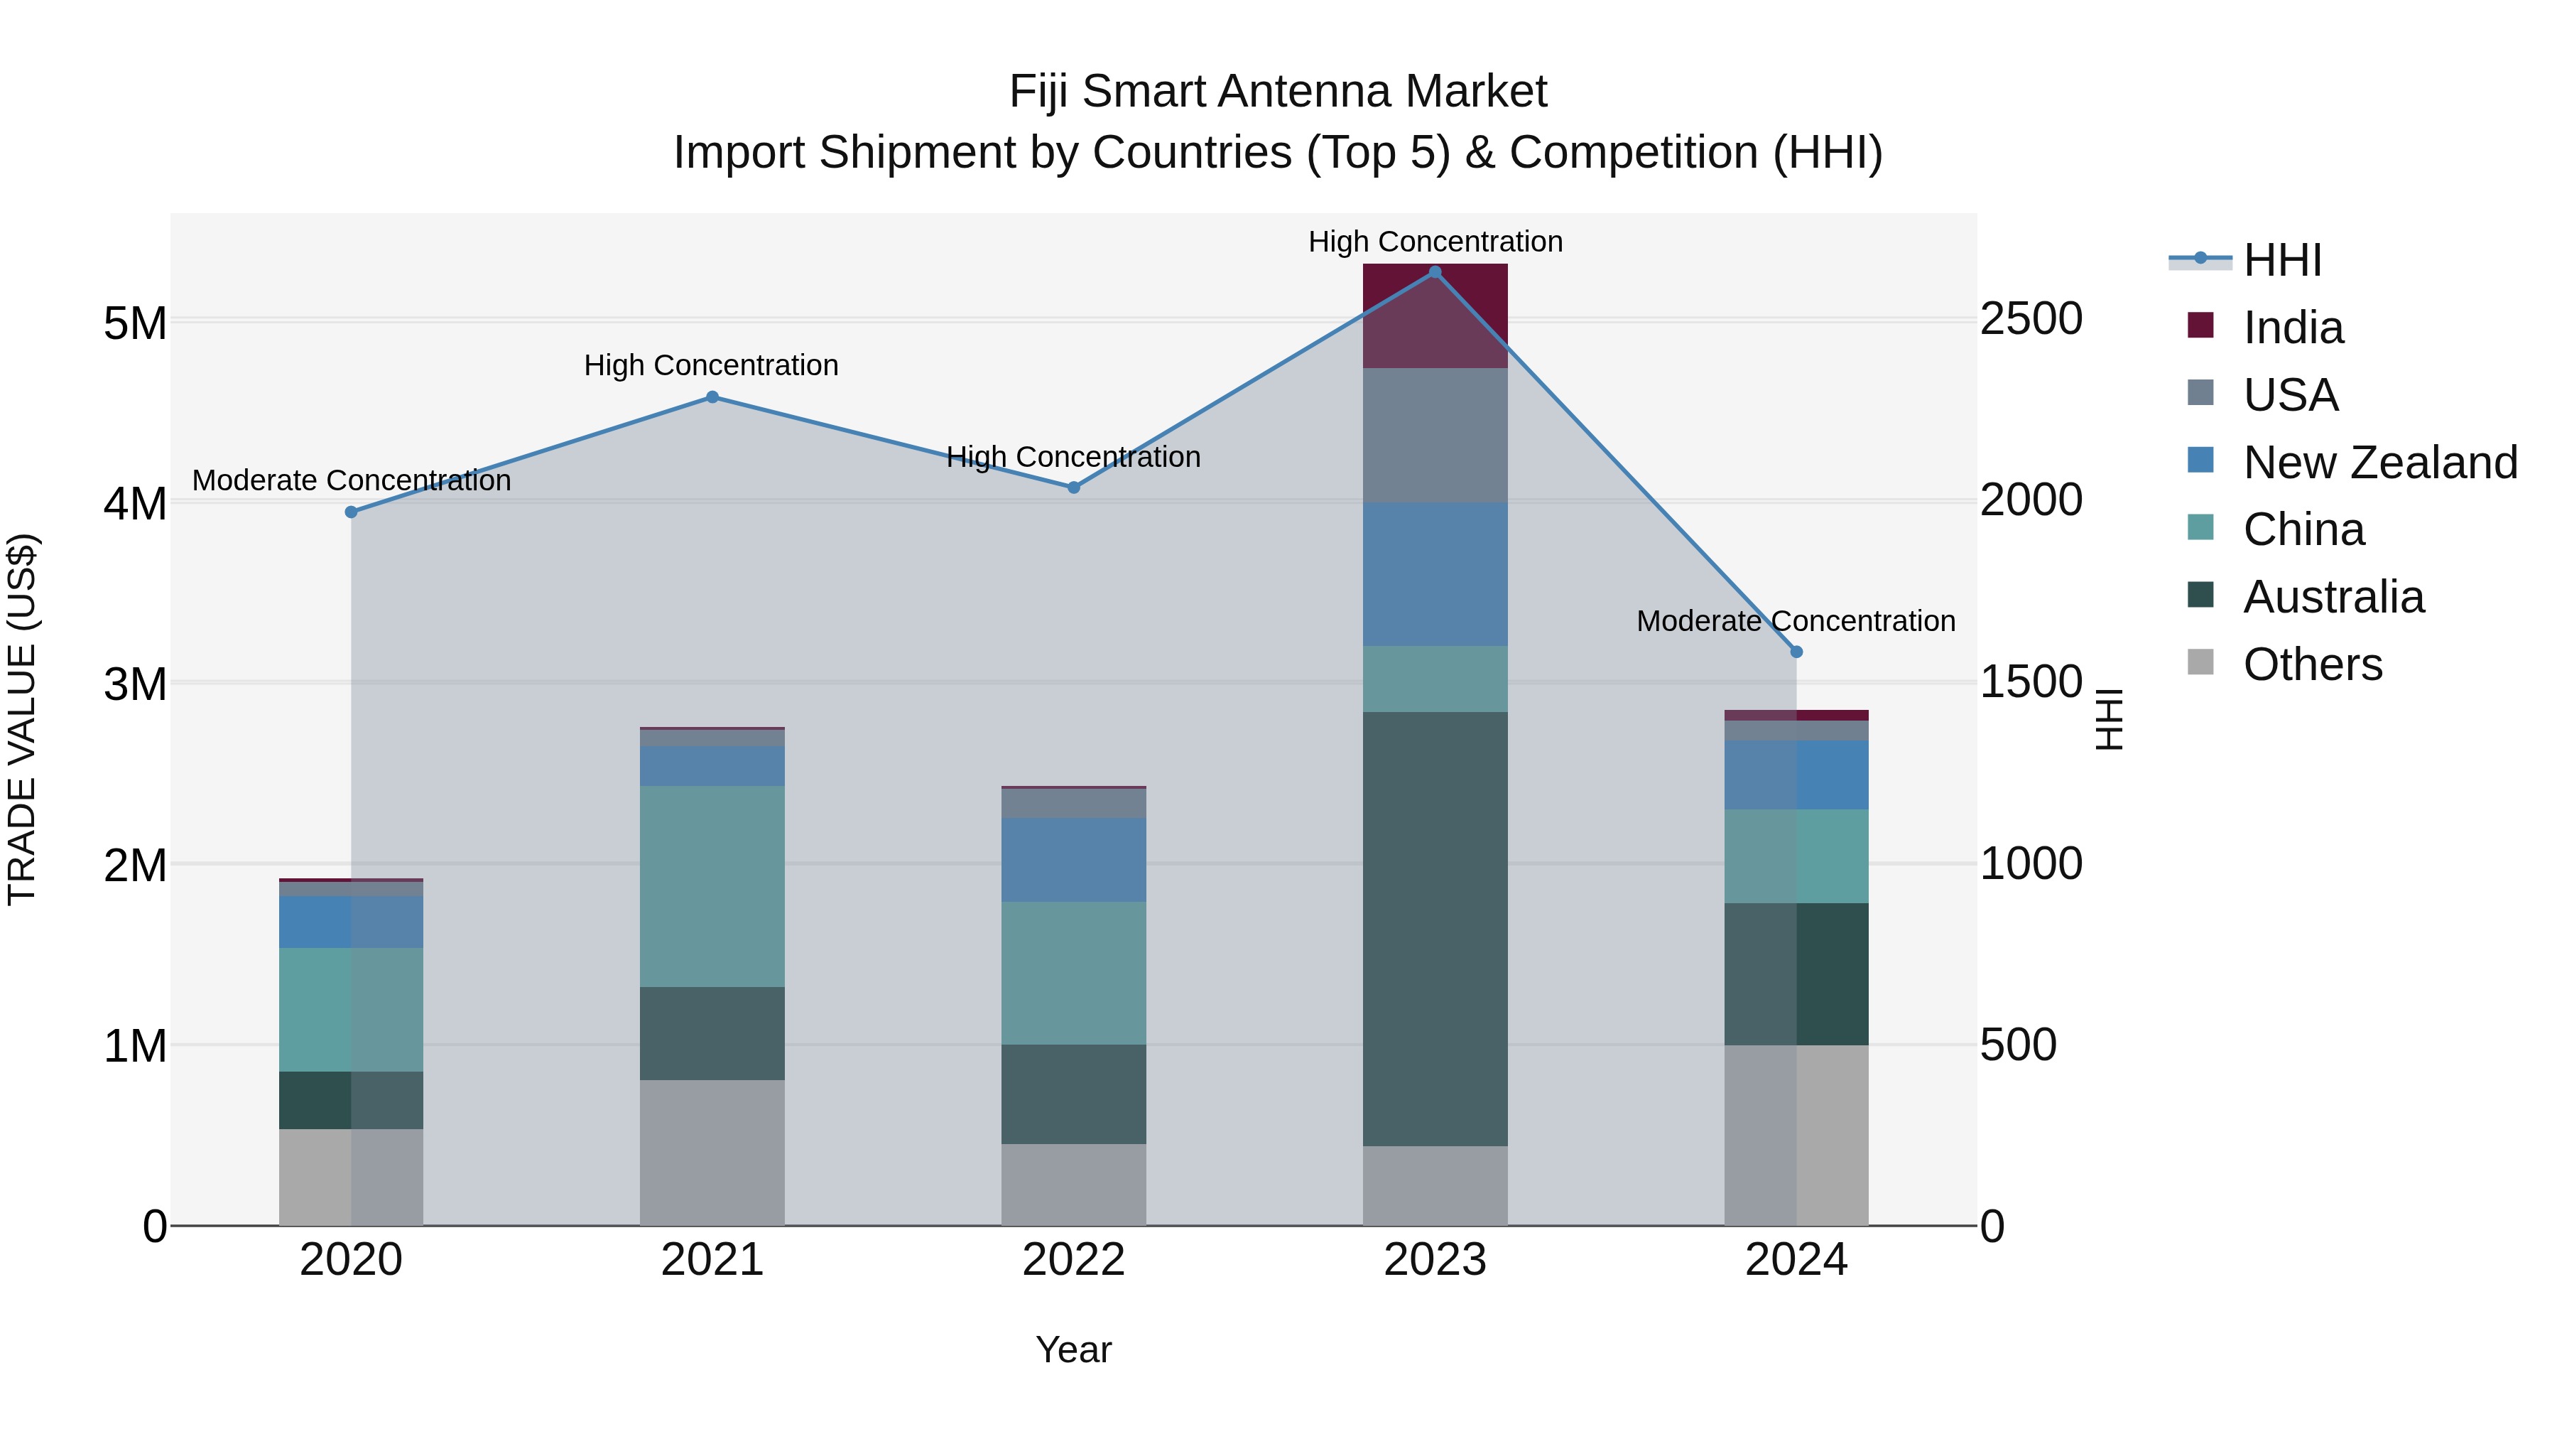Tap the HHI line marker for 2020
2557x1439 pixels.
[350, 512]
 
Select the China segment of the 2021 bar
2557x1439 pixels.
[712, 886]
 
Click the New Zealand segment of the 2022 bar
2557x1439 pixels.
[1073, 860]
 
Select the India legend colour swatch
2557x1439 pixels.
[2200, 325]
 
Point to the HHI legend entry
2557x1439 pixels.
[2282, 260]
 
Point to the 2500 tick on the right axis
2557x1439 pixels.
[2031, 320]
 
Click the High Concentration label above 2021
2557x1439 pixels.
[711, 365]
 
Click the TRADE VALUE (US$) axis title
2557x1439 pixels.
[22, 719]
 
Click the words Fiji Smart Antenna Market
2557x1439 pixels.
[1278, 92]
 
